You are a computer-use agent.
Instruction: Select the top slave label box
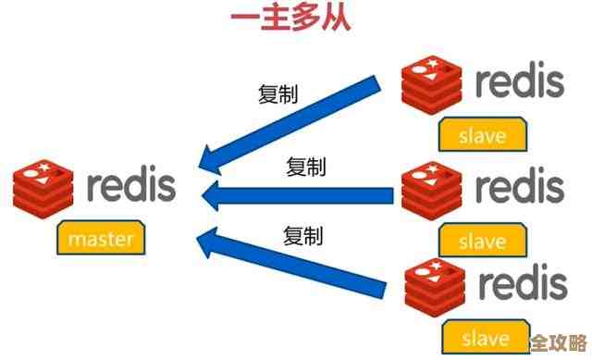(x=483, y=135)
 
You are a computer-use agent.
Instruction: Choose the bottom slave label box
(x=483, y=333)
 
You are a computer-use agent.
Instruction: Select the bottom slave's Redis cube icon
(x=435, y=286)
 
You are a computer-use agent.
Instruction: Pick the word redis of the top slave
(x=520, y=81)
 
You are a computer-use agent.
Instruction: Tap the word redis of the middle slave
(x=520, y=186)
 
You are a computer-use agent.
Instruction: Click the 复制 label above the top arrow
(x=277, y=93)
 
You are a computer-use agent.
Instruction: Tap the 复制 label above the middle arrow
(x=305, y=167)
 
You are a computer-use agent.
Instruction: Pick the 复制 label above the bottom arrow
(x=302, y=236)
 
